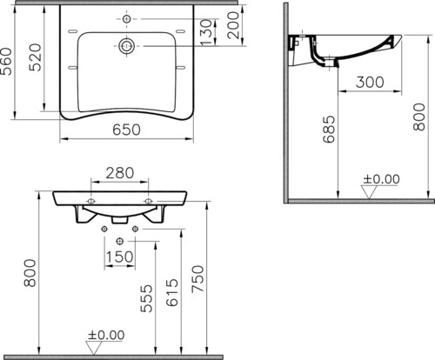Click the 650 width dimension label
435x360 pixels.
click(126, 130)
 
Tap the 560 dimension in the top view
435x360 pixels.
click(6, 62)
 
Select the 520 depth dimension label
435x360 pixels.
click(36, 57)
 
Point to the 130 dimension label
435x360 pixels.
click(206, 32)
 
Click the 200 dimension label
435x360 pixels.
click(233, 25)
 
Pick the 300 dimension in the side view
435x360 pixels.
click(370, 82)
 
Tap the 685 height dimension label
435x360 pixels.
click(329, 130)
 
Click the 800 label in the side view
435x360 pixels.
click(419, 117)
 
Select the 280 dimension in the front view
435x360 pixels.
click(120, 173)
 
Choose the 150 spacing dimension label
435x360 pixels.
click(119, 257)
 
